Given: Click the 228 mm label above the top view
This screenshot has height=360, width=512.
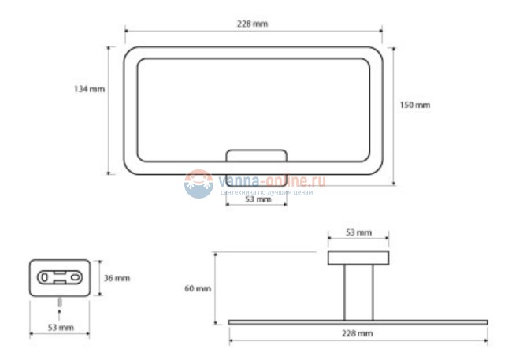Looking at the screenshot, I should pyautogui.click(x=252, y=24).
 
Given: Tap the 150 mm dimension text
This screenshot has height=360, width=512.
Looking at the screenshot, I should pyautogui.click(x=415, y=105).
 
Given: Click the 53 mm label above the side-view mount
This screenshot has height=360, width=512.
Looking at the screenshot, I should pyautogui.click(x=358, y=232).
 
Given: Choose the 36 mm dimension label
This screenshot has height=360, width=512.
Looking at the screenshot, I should pyautogui.click(x=117, y=278).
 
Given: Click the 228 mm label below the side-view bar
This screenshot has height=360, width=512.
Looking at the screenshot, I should pyautogui.click(x=358, y=334).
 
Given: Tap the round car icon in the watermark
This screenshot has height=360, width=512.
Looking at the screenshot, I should pyautogui.click(x=198, y=184).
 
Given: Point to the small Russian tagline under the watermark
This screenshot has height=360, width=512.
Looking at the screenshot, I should pyautogui.click(x=268, y=192).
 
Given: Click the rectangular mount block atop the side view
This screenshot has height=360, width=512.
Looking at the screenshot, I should pyautogui.click(x=358, y=258).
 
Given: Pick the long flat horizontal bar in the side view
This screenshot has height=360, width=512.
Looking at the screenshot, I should pyautogui.click(x=358, y=321).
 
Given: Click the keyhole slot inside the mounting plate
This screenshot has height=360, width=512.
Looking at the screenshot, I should pyautogui.click(x=60, y=277).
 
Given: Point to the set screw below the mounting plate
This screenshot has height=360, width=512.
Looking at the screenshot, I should pyautogui.click(x=60, y=304).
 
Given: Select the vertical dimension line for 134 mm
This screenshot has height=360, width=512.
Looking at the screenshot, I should pyautogui.click(x=108, y=110).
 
